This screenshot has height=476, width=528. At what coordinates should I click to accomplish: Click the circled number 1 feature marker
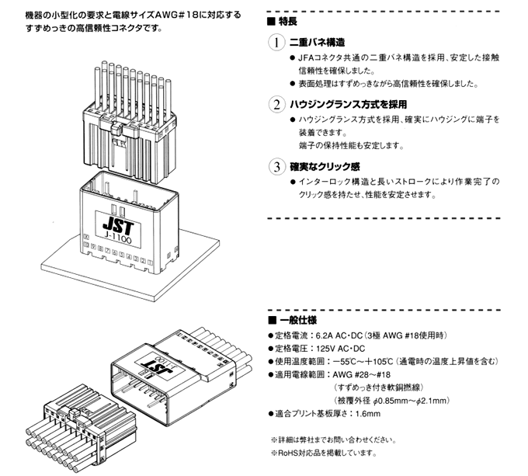276,43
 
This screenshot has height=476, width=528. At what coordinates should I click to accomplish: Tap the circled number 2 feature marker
276,104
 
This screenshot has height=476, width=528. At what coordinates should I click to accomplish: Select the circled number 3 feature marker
276,166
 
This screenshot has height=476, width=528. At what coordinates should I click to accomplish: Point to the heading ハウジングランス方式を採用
348,104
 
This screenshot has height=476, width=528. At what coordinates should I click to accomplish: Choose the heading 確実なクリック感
326,166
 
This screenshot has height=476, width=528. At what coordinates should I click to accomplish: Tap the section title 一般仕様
292,320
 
